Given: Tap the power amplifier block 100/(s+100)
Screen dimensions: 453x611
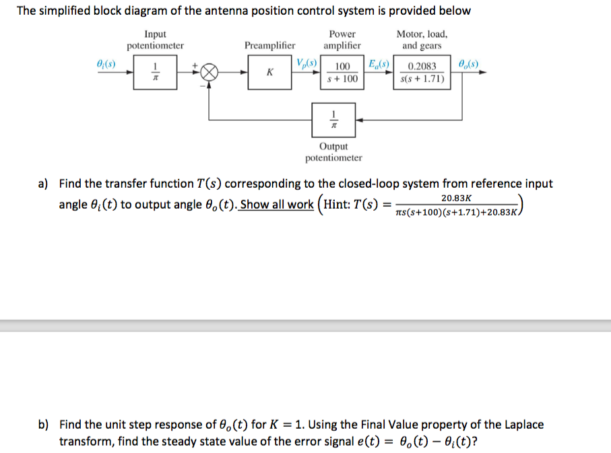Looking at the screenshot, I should (342, 73).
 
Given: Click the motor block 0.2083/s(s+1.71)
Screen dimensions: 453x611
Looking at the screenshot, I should (422, 73).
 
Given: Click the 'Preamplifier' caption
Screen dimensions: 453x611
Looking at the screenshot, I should (269, 46).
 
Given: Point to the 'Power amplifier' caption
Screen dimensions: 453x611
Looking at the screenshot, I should (342, 40).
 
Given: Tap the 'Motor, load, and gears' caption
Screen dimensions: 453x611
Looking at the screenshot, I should (422, 40).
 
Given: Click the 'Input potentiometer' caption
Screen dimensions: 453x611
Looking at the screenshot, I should (155, 40).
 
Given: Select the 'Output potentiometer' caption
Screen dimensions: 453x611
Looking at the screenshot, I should (333, 152).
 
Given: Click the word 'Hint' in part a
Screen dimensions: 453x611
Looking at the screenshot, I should (341, 205).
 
